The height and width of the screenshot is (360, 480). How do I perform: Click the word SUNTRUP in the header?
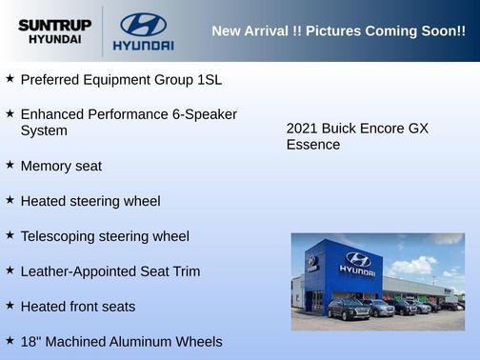coord(54,25)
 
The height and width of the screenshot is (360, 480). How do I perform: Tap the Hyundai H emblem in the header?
coord(143,24)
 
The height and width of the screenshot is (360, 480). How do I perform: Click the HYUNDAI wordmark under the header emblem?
coord(143,46)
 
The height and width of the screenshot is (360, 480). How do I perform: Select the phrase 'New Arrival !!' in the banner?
coord(252,31)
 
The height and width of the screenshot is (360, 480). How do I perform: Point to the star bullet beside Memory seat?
coord(10,165)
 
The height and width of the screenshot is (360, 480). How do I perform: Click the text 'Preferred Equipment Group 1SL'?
coord(121,79)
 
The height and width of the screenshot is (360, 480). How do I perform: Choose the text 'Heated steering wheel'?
coord(90,201)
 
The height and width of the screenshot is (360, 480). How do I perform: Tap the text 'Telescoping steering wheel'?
coord(105,236)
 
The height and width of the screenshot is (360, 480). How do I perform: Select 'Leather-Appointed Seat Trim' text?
coord(110,271)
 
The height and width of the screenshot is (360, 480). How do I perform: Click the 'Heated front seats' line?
coord(78,307)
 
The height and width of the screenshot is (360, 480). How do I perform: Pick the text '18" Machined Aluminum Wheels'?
coord(121,341)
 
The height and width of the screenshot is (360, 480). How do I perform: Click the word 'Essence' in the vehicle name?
coord(313,145)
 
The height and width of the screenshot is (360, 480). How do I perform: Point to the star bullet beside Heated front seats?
coord(10,306)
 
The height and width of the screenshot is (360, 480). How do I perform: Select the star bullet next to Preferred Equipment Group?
coord(10,78)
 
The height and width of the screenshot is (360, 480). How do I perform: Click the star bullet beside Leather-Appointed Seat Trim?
coord(10,270)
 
